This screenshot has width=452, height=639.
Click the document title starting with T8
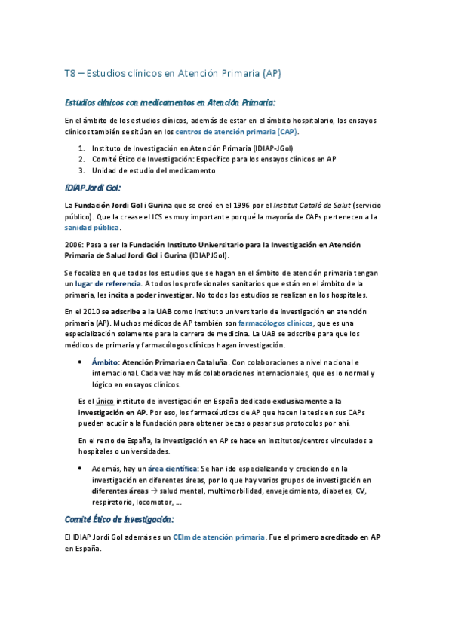[x=173, y=74]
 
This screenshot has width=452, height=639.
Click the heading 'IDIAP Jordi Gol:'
[x=93, y=188]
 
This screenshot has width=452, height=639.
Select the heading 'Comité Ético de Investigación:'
[x=119, y=519]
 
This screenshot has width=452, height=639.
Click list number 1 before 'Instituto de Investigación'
[x=82, y=149]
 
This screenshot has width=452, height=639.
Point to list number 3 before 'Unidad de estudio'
[x=82, y=170]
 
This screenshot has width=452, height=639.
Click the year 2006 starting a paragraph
[x=74, y=245]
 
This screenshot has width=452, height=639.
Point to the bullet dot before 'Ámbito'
[x=80, y=362]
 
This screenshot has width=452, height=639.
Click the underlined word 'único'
[x=104, y=402]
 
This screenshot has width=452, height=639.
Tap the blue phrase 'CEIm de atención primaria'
[x=219, y=537]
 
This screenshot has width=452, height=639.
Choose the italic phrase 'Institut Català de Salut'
[x=307, y=205]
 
